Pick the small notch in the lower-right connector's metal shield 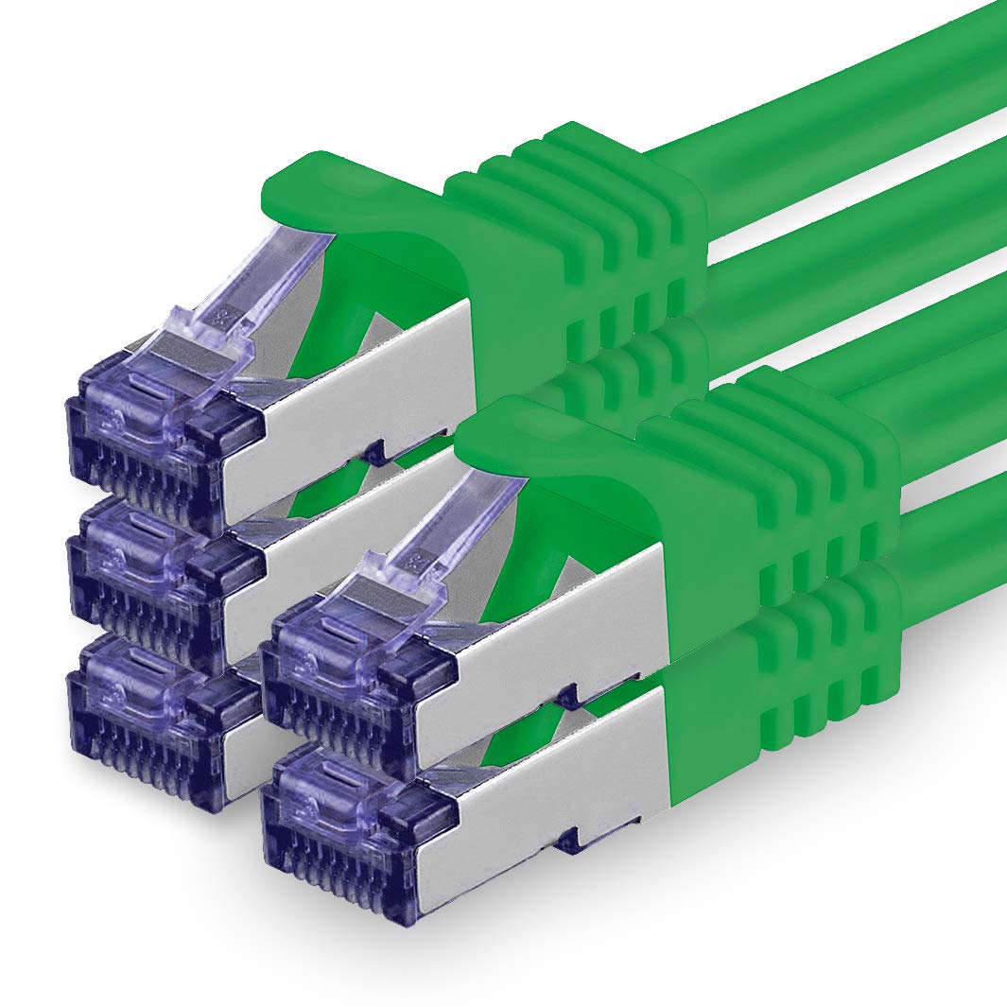(x=566, y=838)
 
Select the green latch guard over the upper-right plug (x=558, y=435)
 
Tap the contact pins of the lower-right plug (x=340, y=865)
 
